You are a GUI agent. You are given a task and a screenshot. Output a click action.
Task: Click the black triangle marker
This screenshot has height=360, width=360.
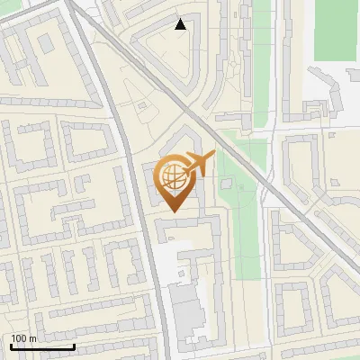tap(181, 24)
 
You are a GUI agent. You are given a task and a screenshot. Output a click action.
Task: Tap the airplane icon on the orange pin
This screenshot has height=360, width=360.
tap(199, 164)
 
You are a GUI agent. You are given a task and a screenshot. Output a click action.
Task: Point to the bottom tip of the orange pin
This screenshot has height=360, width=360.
tap(173, 211)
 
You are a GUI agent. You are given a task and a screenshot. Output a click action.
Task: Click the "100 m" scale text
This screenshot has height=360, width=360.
tap(23, 338)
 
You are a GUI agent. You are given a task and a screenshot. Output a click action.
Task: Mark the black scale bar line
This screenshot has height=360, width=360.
tap(42, 346)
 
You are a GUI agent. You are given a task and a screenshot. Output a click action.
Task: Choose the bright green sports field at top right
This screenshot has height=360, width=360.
tap(336, 31)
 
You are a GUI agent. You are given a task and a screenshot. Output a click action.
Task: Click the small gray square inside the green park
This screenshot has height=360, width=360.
tap(228, 185)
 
